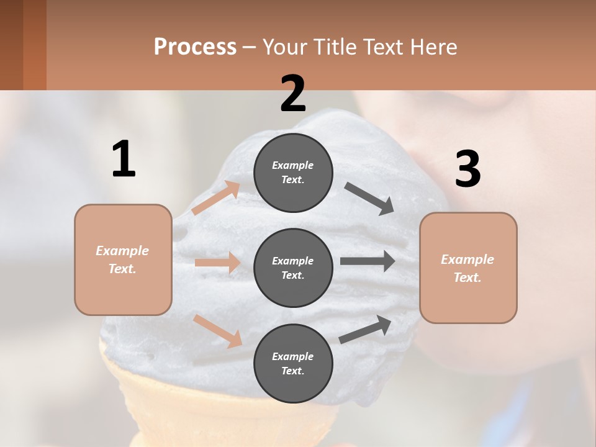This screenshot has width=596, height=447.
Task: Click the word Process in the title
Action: [x=195, y=47]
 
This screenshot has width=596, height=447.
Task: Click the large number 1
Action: [x=124, y=160]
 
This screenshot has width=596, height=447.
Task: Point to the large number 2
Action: [x=293, y=94]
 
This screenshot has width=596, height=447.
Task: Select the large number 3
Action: [x=467, y=169]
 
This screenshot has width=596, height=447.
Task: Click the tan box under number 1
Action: [x=123, y=260]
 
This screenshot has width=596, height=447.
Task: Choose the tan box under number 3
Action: [x=468, y=268]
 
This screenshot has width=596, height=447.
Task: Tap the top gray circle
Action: [x=293, y=173]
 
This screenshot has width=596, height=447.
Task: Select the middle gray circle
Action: [x=293, y=268]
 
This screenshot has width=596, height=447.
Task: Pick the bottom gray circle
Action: [x=293, y=364]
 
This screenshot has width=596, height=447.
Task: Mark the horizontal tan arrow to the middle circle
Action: [x=217, y=263]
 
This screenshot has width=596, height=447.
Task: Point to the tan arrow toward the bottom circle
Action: [x=218, y=330]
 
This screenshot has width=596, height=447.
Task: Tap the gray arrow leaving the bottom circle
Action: [x=365, y=329]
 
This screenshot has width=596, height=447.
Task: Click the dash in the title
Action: [x=250, y=48]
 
